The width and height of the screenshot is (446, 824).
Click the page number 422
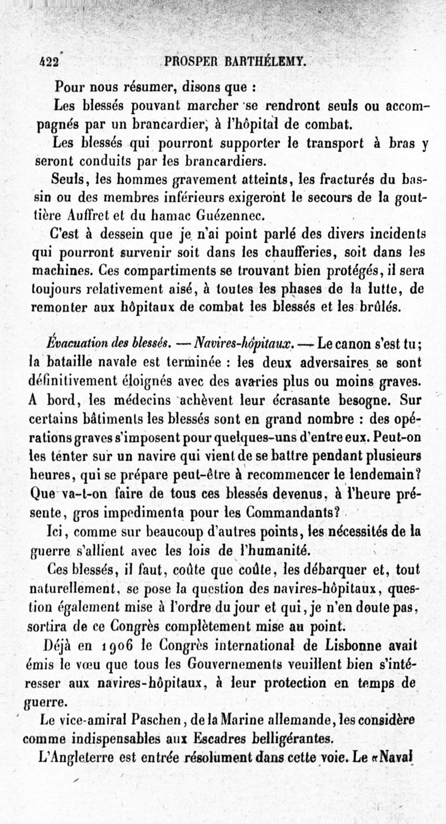click(x=49, y=62)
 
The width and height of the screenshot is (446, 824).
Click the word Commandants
click(x=290, y=512)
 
